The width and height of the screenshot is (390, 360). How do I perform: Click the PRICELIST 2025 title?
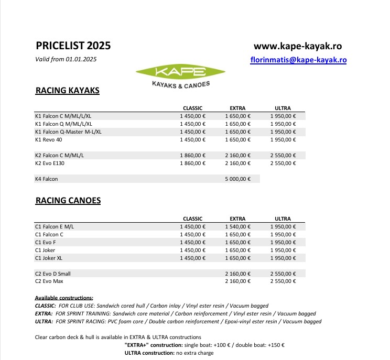point(73,46)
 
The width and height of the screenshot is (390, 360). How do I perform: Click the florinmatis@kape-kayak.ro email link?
point(299,60)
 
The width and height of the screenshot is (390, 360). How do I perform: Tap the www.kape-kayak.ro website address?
point(300,46)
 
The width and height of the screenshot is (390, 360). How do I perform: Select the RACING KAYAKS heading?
point(67,91)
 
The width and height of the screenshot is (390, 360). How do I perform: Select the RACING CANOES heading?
point(68,200)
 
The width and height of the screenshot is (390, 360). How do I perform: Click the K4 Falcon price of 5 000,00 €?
point(237,179)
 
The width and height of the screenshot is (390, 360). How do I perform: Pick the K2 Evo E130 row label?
point(50,163)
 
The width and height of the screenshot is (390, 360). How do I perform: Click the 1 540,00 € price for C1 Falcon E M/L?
point(237,226)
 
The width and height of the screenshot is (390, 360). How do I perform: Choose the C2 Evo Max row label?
point(49,281)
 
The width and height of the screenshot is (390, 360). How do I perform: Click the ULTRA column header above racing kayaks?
point(283,108)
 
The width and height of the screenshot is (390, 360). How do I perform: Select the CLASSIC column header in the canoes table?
point(192,218)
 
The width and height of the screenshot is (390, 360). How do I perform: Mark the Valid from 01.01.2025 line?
point(66,59)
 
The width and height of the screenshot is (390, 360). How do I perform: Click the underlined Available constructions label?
point(64,298)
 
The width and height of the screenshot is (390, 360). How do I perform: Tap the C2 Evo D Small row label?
point(52,274)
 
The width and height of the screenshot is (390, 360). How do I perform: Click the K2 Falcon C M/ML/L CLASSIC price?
point(192,156)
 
